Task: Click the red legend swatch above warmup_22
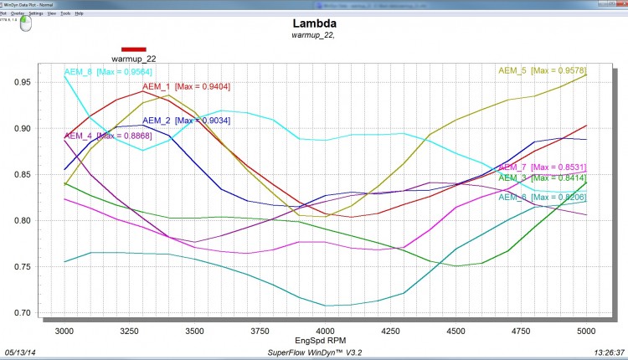tap(134, 49)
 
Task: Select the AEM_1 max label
tap(186, 86)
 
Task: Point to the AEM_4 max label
tap(108, 136)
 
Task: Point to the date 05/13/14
tap(23, 352)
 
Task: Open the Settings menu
tap(36, 13)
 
